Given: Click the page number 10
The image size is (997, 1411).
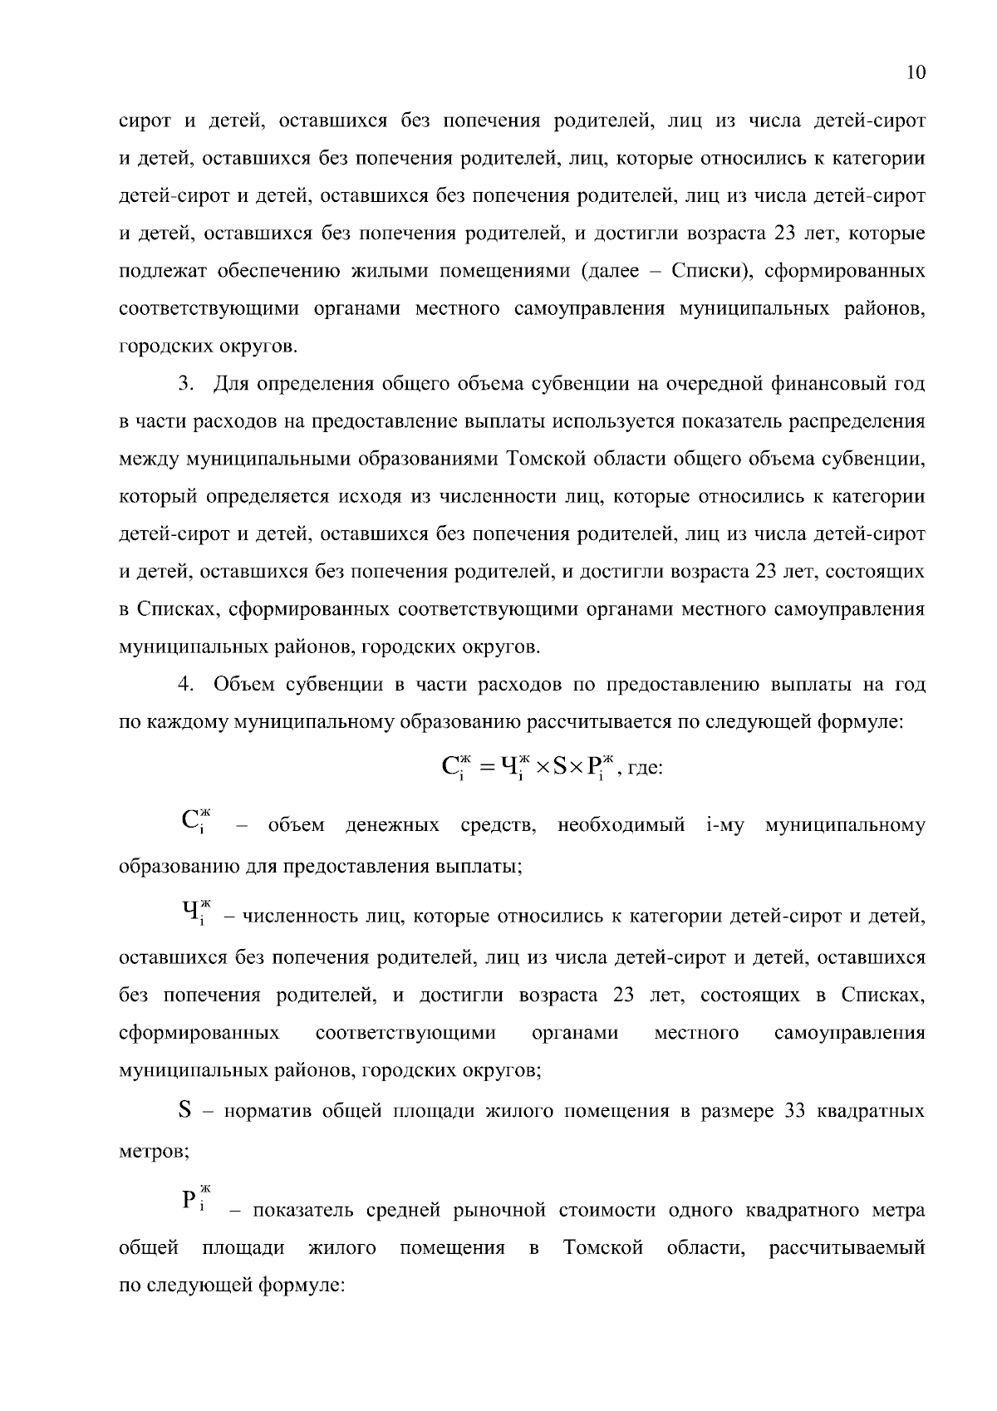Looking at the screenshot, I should tap(916, 73).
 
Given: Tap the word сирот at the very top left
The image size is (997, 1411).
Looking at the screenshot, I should tap(145, 121).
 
